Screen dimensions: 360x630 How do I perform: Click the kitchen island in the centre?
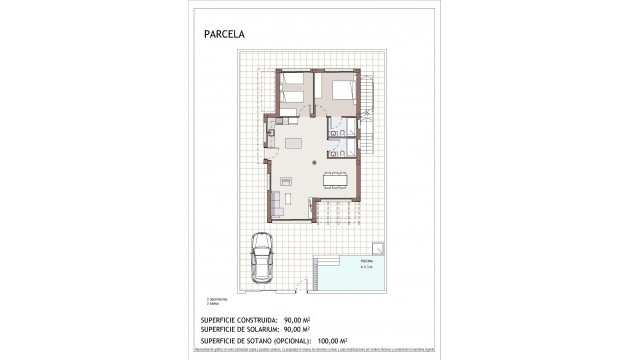[294, 143]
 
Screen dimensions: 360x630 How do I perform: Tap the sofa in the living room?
[275, 205]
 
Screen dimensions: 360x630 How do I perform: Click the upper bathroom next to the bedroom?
[340, 129]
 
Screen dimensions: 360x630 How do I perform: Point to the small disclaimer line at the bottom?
[314, 352]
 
